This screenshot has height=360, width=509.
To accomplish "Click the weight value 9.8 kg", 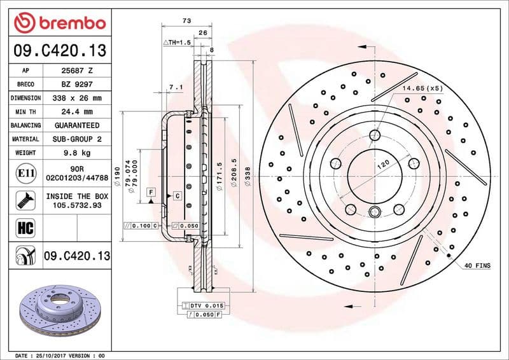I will tap(76, 153).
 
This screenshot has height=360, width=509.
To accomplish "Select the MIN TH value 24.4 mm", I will tap(76, 112).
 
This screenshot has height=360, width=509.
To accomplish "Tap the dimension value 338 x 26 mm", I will tap(76, 98).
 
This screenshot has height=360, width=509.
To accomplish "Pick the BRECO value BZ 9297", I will tap(76, 84).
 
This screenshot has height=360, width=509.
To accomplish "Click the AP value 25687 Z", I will tap(76, 71).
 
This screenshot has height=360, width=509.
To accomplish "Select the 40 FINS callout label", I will tap(477, 265).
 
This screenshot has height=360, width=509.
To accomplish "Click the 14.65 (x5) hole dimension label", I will tap(422, 88).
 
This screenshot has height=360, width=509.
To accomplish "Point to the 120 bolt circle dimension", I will tap(383, 164).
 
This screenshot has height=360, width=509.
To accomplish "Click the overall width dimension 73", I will tap(186, 21).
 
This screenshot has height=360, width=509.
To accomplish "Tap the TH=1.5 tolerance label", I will tap(178, 42).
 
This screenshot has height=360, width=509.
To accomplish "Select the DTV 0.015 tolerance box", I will tap(205, 306).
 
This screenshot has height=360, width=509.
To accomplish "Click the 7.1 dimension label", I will tap(176, 87).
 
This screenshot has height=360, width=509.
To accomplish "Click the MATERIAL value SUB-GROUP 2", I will tap(76, 139).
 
